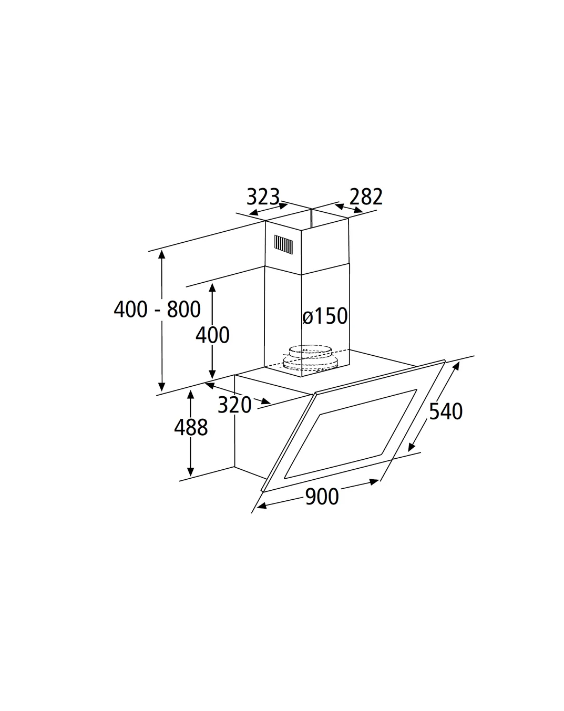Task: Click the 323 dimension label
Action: tap(263, 197)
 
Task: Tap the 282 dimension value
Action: tap(366, 197)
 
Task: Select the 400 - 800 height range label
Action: tap(157, 309)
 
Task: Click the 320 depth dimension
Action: tap(235, 405)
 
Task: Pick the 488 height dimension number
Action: tap(191, 427)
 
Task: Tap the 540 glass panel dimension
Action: tap(446, 411)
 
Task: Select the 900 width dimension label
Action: tap(322, 497)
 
